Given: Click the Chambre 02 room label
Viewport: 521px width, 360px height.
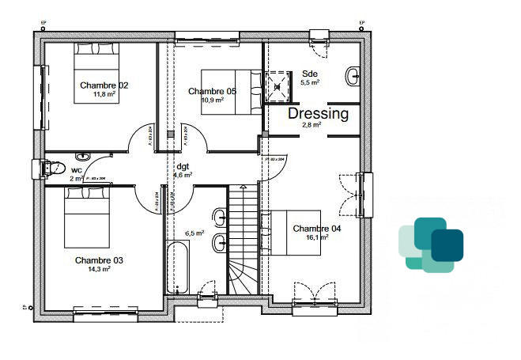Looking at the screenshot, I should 104,85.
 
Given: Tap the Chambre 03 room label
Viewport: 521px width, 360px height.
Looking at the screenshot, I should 99,260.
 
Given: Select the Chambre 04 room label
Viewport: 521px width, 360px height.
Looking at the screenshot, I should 316,229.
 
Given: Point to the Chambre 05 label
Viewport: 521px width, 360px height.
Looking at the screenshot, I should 212,92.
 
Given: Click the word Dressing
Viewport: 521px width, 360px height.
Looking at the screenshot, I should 318,114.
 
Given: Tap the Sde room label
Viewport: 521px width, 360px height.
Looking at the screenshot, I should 309,73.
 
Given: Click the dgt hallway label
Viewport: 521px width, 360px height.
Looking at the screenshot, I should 183,166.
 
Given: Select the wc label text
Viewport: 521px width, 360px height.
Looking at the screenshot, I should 76,170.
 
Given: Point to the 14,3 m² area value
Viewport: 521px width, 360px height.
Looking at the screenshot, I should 99,269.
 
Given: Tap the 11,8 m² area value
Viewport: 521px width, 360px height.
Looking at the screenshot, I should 104,94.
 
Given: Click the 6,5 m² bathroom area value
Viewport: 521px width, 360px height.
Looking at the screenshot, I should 194,233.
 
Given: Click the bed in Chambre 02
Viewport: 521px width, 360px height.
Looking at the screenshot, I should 96,73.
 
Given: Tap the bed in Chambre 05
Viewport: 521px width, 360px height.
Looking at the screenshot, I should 230,91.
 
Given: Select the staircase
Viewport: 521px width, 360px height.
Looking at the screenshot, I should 244,237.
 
